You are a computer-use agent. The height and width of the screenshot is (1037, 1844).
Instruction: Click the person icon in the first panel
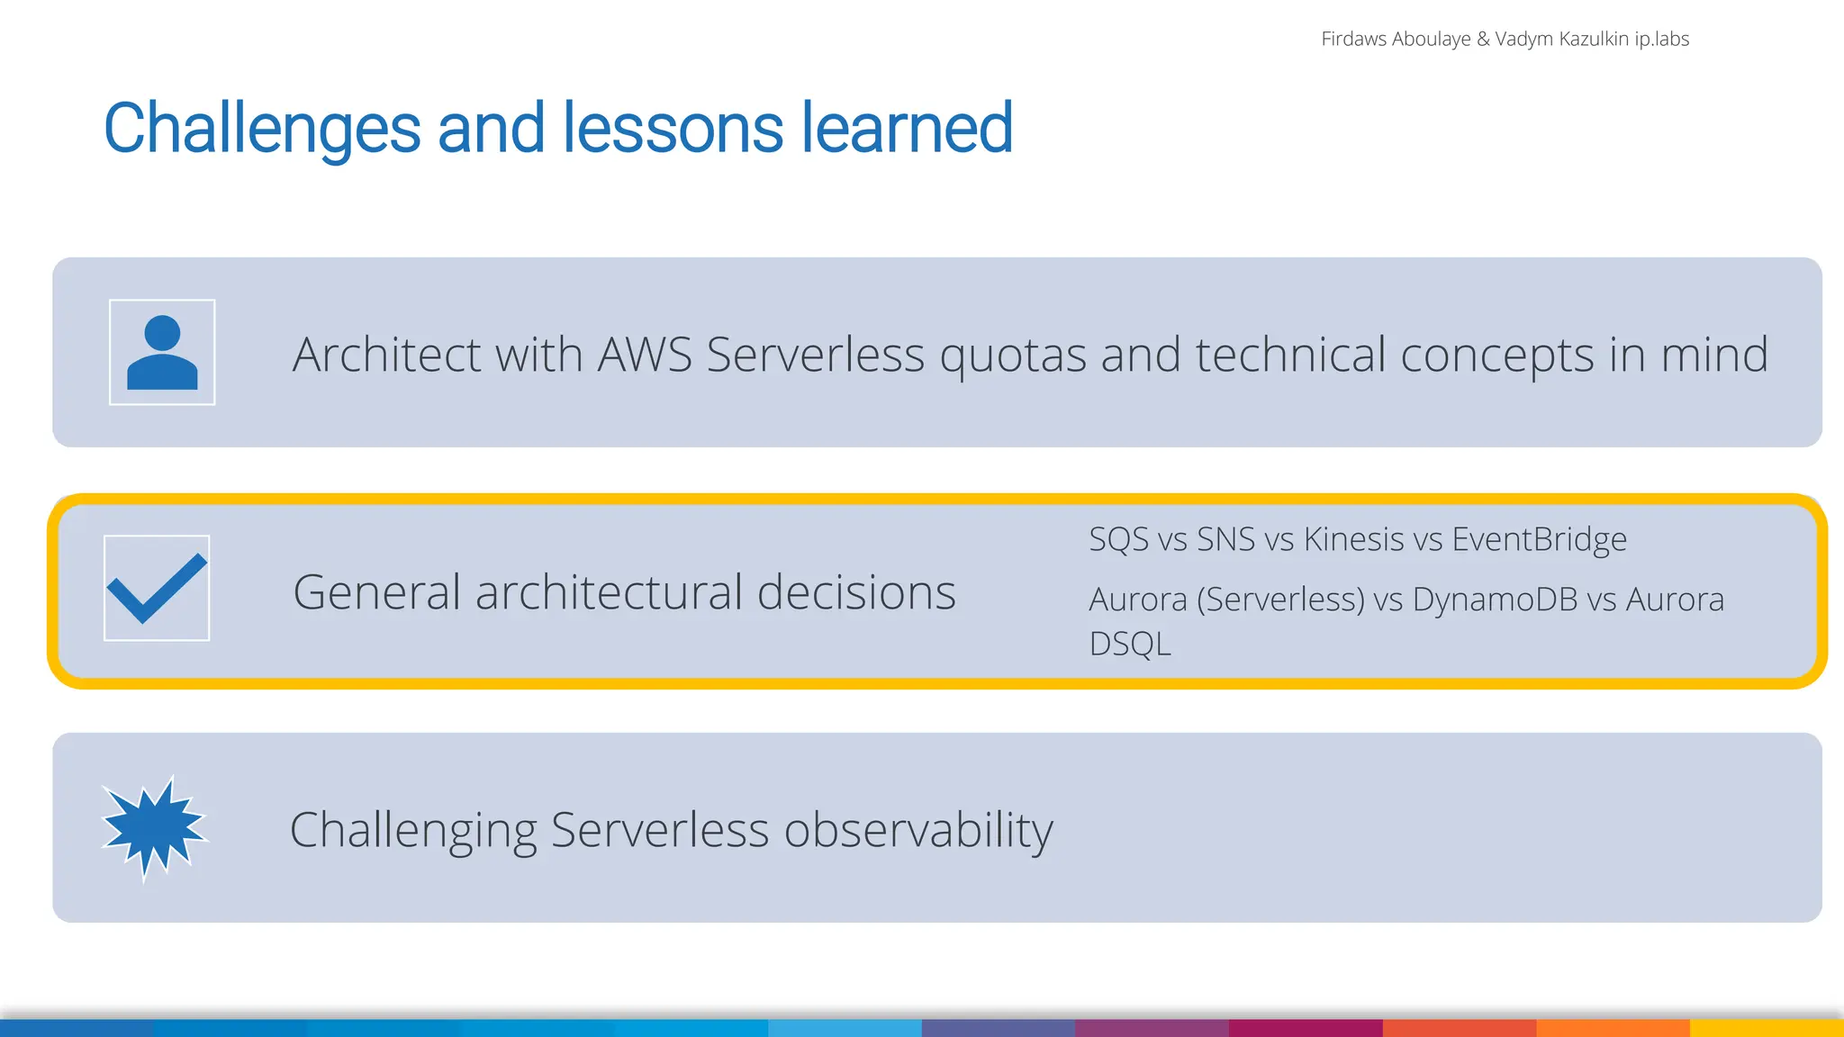click(x=162, y=353)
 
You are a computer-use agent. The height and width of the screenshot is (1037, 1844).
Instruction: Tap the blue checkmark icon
click(x=157, y=589)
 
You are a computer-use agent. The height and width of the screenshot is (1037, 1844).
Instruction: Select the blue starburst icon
click(x=154, y=826)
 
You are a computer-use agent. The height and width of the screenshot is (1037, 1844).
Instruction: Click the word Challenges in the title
click(x=262, y=129)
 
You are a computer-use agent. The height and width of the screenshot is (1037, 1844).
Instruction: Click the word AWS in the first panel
click(x=645, y=355)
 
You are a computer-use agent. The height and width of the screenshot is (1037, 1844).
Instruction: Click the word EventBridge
click(x=1539, y=540)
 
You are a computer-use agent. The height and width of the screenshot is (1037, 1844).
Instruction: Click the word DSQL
click(x=1130, y=645)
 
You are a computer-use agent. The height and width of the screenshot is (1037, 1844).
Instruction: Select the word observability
click(x=918, y=830)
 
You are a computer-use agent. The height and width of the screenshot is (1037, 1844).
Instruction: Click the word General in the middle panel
click(x=376, y=592)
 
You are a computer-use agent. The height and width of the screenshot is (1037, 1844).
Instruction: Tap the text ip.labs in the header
click(x=1661, y=39)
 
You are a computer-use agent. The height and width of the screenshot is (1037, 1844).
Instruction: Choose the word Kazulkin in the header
click(x=1594, y=39)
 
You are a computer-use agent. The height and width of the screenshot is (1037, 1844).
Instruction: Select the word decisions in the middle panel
click(x=855, y=592)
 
